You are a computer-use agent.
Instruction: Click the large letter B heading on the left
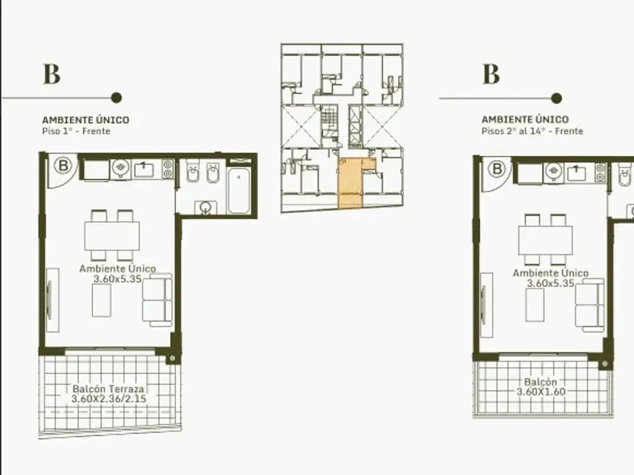coord(52,74)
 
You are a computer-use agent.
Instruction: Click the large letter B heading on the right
coord(491,74)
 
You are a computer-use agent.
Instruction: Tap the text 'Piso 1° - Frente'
coord(76,131)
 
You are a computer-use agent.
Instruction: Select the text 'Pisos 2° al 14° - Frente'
coord(532,131)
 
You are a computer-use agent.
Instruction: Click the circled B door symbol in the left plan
coord(63,166)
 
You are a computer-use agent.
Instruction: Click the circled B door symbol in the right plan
coord(497,168)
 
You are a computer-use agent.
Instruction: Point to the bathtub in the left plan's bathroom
coord(238,190)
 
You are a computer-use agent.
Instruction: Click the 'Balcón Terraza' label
coord(108,389)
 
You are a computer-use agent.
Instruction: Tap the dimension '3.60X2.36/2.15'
coord(109,399)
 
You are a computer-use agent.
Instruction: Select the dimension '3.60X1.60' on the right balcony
coord(541,392)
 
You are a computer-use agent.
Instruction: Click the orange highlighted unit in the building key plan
coord(350,184)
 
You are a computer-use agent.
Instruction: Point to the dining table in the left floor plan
coord(112,236)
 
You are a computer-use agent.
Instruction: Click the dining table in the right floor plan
coord(545,241)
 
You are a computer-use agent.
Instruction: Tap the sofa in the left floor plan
coord(157,300)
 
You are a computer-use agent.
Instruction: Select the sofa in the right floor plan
coord(590,306)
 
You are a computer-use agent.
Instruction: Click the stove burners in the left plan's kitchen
coord(168,169)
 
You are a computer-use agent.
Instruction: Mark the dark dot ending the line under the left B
coord(116,98)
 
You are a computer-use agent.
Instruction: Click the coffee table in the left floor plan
coord(102,300)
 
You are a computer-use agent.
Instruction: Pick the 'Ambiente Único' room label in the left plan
coord(118,268)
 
